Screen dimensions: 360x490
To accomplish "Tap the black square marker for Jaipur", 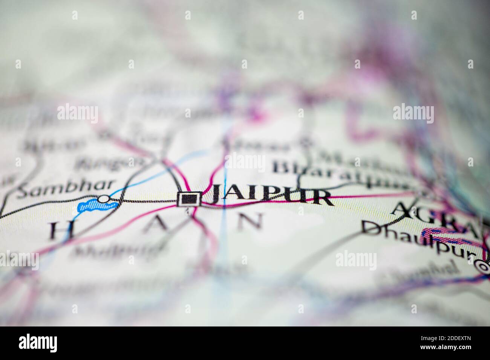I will tap(189, 199).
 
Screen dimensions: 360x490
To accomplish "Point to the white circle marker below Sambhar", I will tap(102, 198).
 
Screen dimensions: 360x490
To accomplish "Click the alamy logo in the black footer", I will tap(38, 343).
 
